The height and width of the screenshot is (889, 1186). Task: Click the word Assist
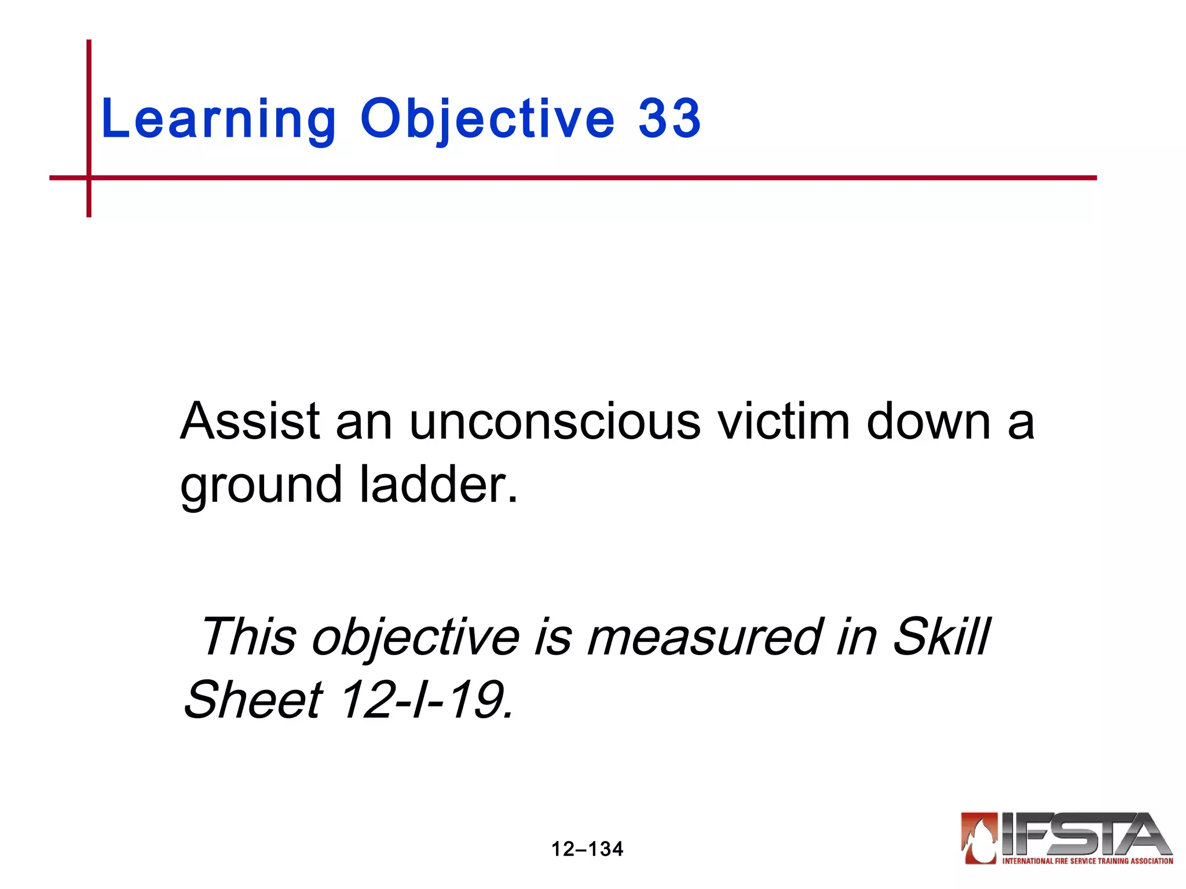click(x=250, y=421)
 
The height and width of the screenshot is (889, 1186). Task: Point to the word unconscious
click(x=555, y=421)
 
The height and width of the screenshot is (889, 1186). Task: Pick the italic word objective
click(x=415, y=638)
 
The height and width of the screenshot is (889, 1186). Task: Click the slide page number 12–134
click(x=587, y=849)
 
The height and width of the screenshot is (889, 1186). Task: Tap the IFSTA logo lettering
click(x=1085, y=834)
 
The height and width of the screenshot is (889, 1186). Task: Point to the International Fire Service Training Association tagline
click(x=1088, y=861)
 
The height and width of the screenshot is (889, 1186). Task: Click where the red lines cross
click(x=89, y=178)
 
